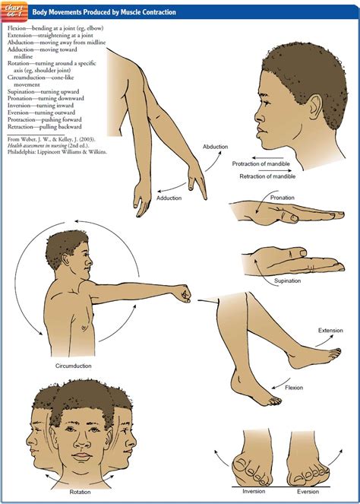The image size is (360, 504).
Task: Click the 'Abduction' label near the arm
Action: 215,146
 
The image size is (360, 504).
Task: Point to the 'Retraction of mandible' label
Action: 267,177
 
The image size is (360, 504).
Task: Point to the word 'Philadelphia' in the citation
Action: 24,152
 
